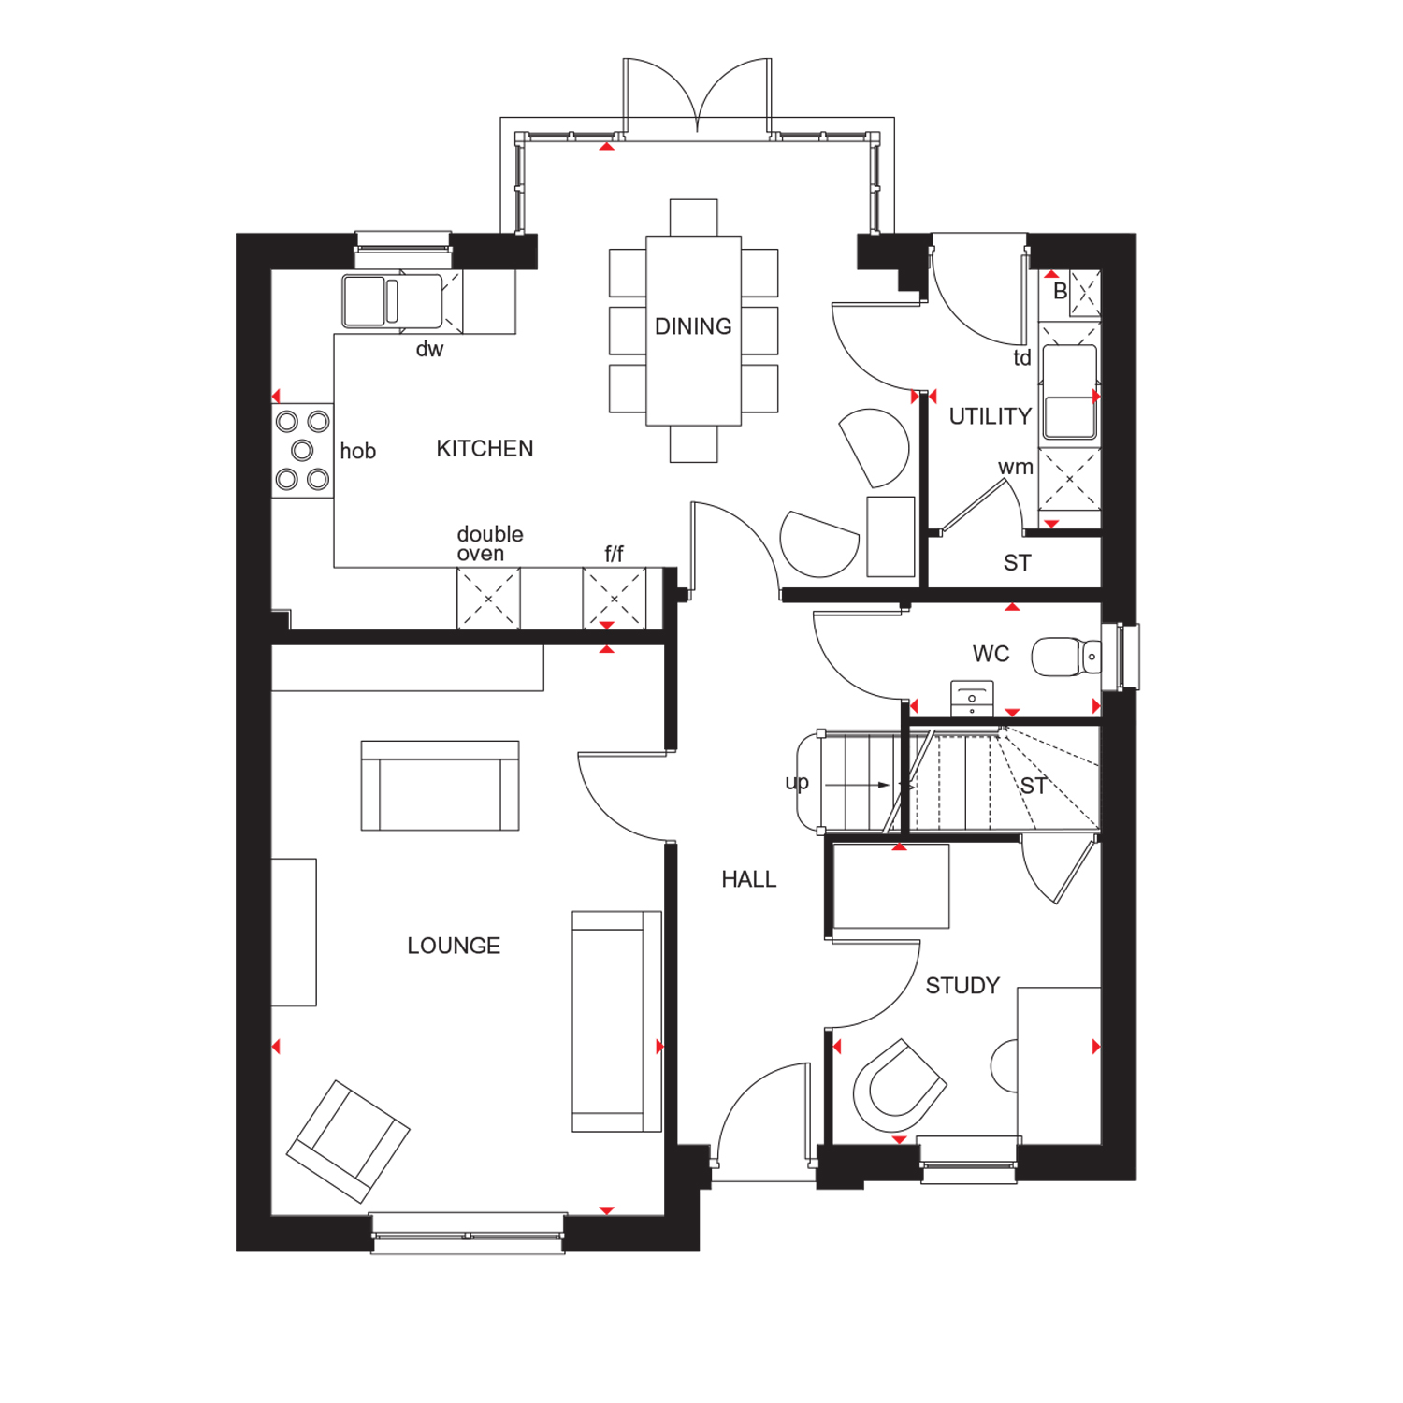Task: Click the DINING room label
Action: (x=693, y=326)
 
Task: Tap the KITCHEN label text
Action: (x=485, y=449)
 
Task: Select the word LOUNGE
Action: (x=454, y=946)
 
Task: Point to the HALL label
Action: (x=749, y=879)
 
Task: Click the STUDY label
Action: (x=962, y=986)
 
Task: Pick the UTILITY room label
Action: (x=991, y=416)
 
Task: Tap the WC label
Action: (x=991, y=654)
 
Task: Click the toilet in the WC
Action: (x=1066, y=657)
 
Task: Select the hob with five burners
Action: (x=302, y=451)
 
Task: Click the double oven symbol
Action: (x=488, y=599)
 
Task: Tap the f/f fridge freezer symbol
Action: (x=615, y=599)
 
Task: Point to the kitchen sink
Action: (x=392, y=301)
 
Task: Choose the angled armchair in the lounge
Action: (x=348, y=1141)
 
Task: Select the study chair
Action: (x=899, y=1086)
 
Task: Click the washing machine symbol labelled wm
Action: (x=1070, y=479)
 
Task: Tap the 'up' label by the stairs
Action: (x=797, y=783)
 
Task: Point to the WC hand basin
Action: (x=972, y=699)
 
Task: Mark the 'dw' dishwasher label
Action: (x=429, y=350)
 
